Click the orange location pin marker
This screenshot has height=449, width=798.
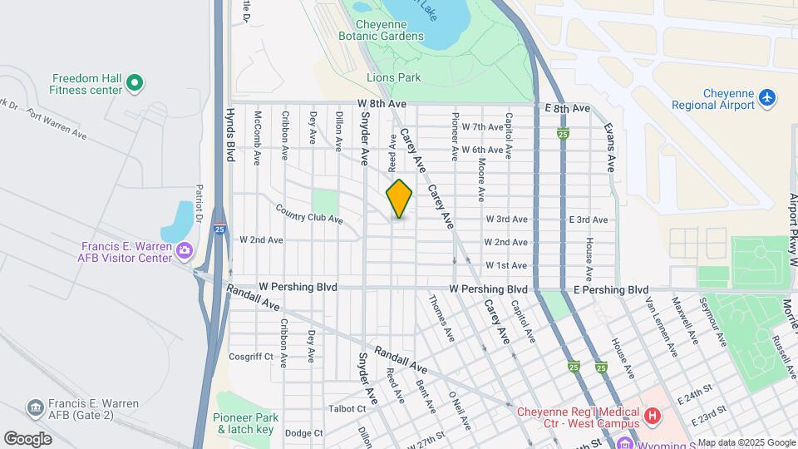[x=399, y=199]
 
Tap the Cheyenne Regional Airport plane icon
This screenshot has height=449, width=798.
[x=767, y=99]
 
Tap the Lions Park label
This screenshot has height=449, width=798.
[x=394, y=77]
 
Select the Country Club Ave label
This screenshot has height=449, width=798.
[x=309, y=214]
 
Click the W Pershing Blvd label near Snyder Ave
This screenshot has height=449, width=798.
[x=298, y=287]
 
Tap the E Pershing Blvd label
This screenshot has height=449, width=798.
[x=611, y=289]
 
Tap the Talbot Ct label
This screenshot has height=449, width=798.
[x=347, y=408]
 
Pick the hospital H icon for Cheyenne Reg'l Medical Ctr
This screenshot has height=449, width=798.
[x=653, y=413]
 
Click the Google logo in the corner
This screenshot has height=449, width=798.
[x=27, y=439]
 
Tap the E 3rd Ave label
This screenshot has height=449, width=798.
[x=589, y=220]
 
